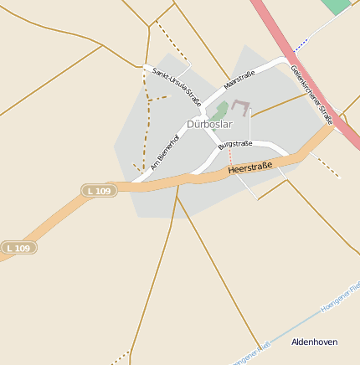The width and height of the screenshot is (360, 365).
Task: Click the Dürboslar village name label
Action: [x=208, y=124]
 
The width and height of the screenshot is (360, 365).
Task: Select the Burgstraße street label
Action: [x=235, y=144]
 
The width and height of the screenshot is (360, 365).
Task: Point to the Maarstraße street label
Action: [x=239, y=81]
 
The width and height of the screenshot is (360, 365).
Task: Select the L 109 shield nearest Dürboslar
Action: [x=98, y=192]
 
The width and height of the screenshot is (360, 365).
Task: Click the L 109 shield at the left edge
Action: [x=18, y=248]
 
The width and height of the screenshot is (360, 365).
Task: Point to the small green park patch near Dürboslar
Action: [x=220, y=110]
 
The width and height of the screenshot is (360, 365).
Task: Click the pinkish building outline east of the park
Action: [x=241, y=106]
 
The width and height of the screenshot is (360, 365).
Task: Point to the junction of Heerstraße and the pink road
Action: [x=329, y=126]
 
